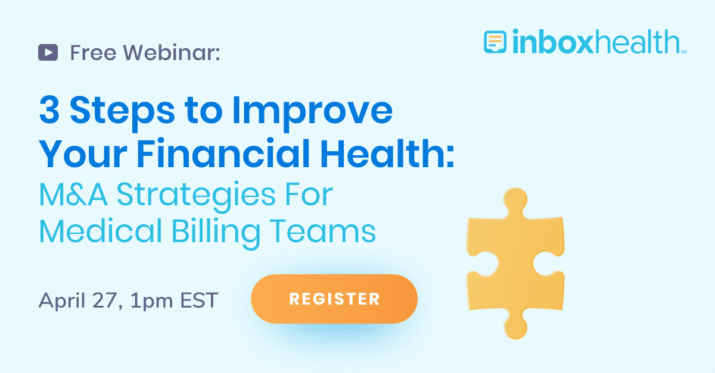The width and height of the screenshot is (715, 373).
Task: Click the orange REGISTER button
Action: pos(334,299)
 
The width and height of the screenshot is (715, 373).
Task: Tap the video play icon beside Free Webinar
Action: pos(48,53)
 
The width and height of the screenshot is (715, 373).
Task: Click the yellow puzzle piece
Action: pos(514,262)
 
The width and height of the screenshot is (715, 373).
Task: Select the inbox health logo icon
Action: pos(495,42)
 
